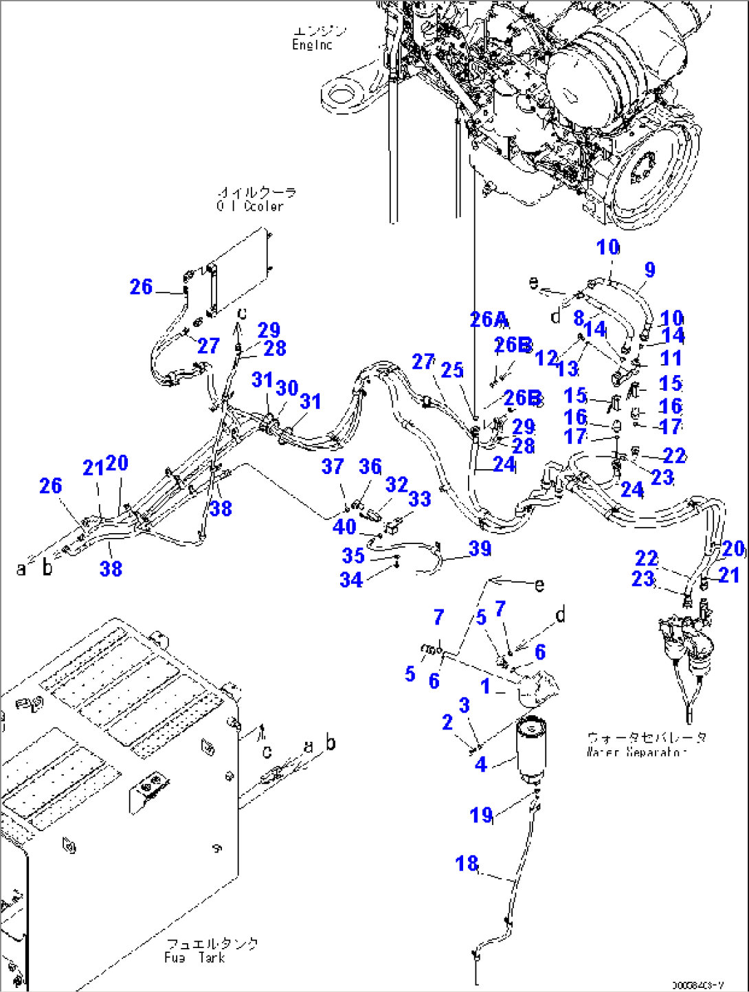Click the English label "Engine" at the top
click(312, 45)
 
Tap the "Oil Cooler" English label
click(250, 206)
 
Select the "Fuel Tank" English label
click(194, 958)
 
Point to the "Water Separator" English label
click(636, 752)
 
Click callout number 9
click(649, 270)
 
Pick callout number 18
click(467, 864)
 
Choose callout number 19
click(481, 815)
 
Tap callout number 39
click(480, 548)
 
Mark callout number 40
click(344, 527)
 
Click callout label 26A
click(489, 319)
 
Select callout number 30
click(287, 388)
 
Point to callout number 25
click(452, 370)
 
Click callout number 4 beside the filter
click(481, 764)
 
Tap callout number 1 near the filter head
click(485, 686)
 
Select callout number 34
click(351, 580)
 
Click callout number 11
click(670, 359)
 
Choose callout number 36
click(370, 466)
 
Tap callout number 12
click(546, 357)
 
